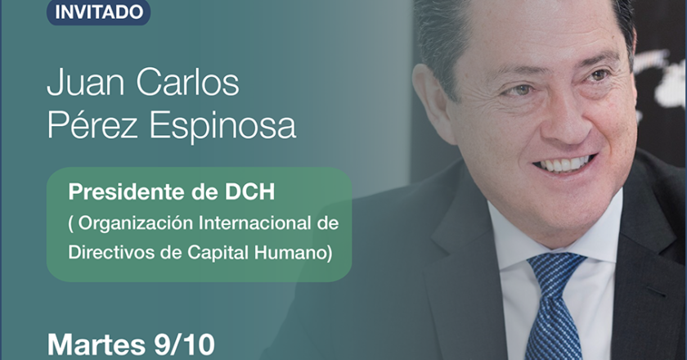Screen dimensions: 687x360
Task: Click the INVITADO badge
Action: coord(99,11)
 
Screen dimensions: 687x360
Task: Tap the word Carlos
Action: coord(187,82)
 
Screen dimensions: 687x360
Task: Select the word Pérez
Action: coord(92,124)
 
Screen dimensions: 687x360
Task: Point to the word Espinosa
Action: coord(222,126)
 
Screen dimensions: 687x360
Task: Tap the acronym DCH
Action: coord(249,191)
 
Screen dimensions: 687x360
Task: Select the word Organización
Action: coord(136,223)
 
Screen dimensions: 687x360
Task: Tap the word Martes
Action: coord(96,344)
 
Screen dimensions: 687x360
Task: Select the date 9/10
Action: coord(184,344)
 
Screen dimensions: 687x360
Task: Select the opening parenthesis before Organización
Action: coord(71,224)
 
